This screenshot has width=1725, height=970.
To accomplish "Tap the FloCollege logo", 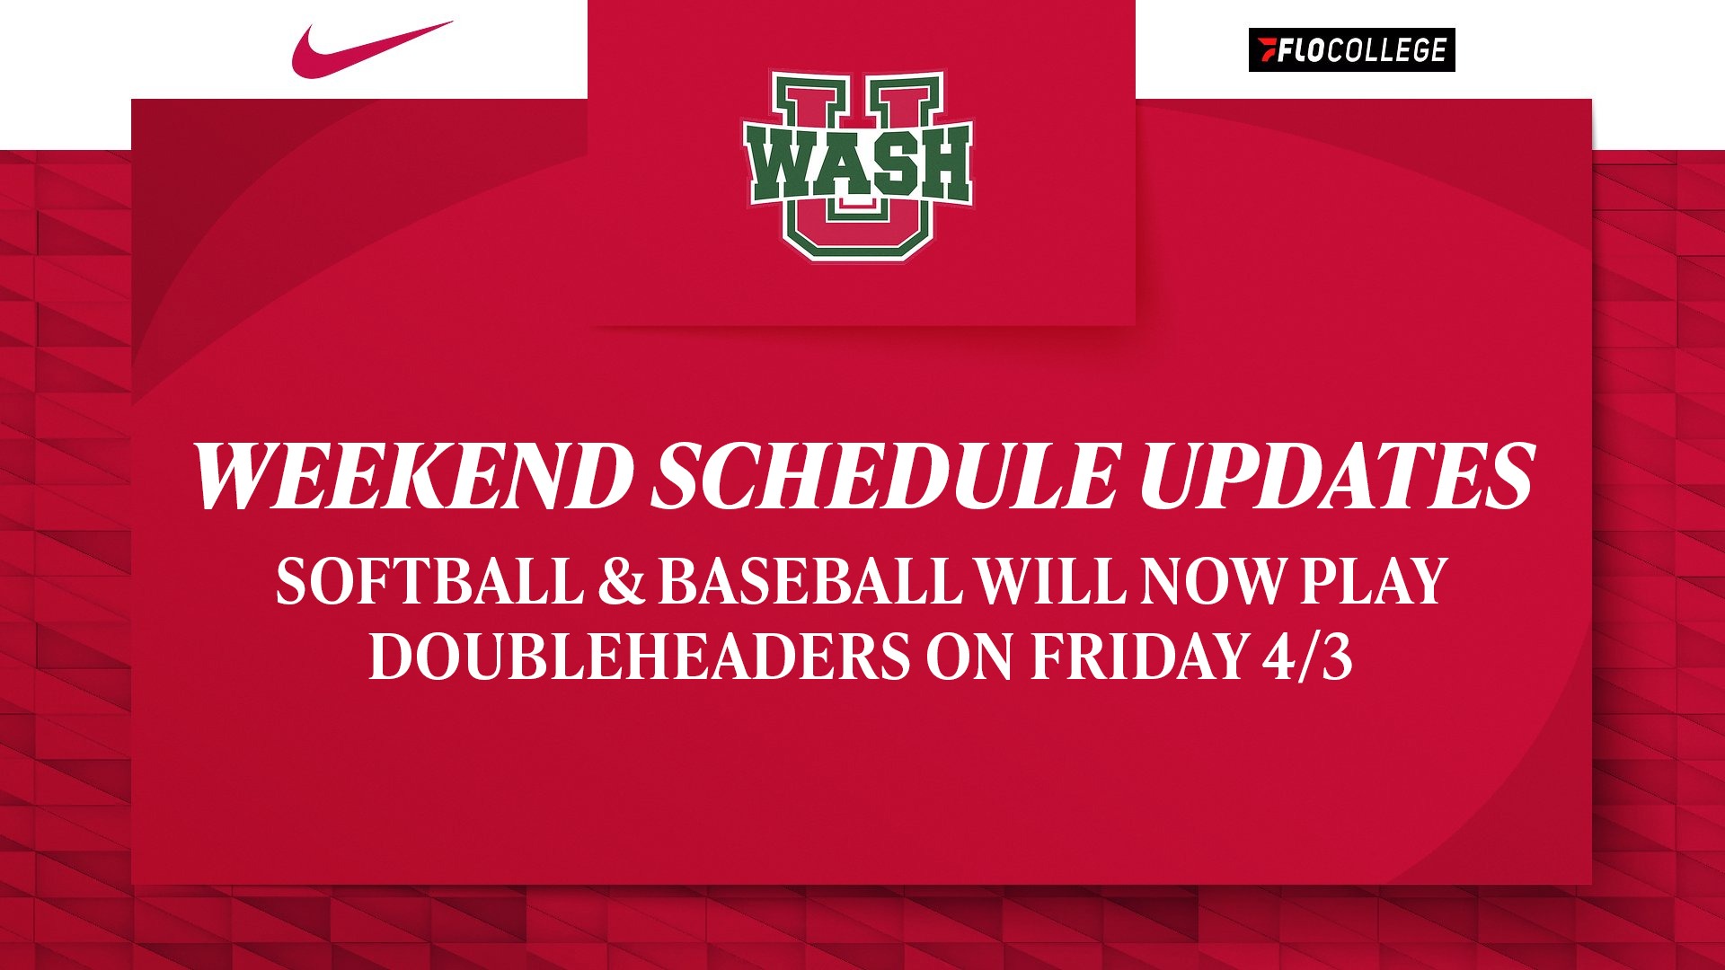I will pos(1351,50).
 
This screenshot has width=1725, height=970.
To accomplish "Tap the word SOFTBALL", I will pos(429,581).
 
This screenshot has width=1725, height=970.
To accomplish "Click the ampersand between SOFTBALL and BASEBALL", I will pos(621,581).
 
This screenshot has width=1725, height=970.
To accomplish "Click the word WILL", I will pos(1050,581).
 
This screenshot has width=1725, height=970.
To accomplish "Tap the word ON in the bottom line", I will pos(970,657).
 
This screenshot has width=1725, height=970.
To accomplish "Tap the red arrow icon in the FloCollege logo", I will pos(1267,50).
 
